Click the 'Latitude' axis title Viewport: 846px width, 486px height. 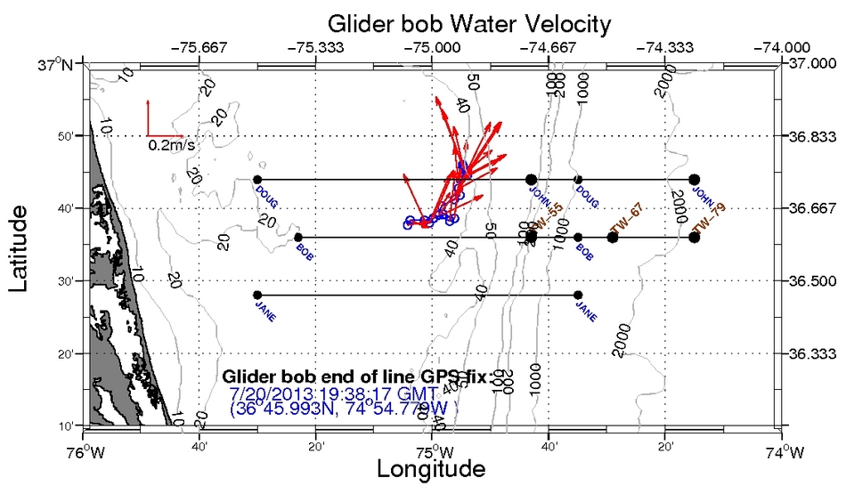click(x=22, y=239)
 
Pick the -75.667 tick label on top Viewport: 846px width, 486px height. click(x=201, y=48)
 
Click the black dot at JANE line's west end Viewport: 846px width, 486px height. click(x=257, y=295)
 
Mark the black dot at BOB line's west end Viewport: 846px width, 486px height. click(x=297, y=237)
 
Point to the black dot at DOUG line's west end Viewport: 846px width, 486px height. click(x=257, y=180)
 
